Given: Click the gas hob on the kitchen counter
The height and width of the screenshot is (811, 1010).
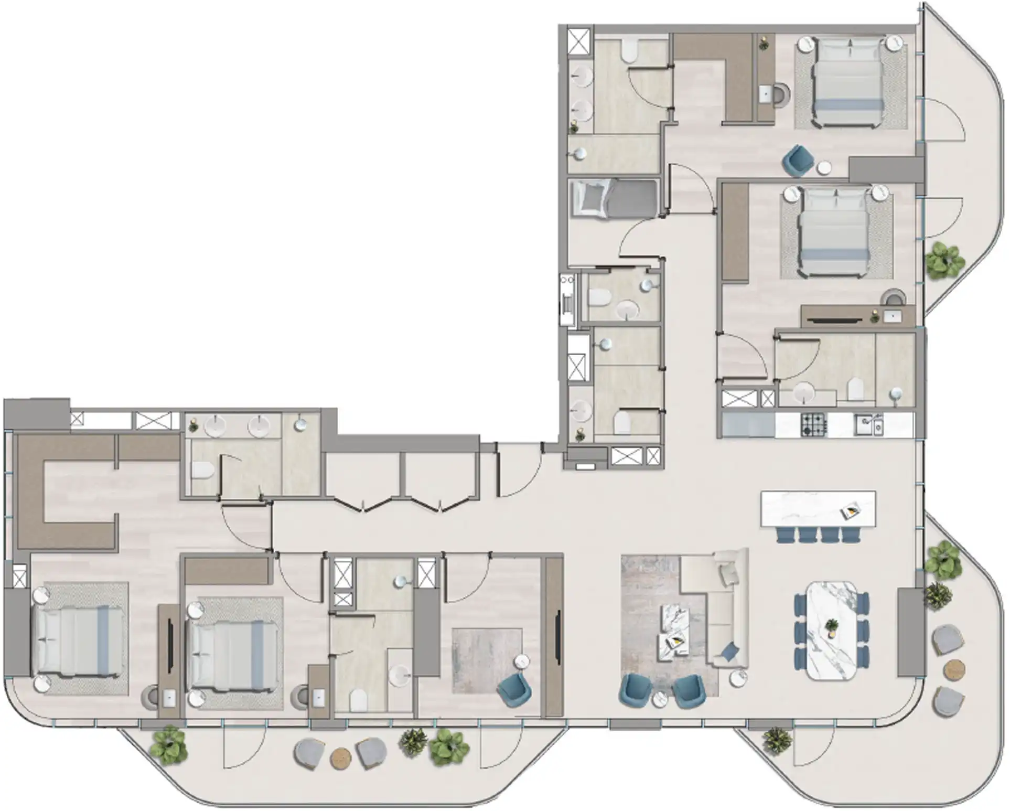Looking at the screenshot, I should click(x=813, y=424).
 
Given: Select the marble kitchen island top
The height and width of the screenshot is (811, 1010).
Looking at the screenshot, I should click(x=818, y=508).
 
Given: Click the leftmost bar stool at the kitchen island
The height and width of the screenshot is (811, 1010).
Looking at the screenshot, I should click(x=786, y=535).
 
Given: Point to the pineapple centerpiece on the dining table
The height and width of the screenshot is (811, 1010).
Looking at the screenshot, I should click(x=831, y=627).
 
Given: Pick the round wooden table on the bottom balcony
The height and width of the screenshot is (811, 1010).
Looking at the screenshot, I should click(x=341, y=757).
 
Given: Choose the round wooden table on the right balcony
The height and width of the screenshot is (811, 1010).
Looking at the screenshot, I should click(x=954, y=669).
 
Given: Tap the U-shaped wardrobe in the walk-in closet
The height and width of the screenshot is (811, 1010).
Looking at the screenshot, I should click(x=63, y=493).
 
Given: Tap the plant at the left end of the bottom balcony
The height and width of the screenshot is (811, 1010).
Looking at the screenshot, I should click(x=169, y=745).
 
